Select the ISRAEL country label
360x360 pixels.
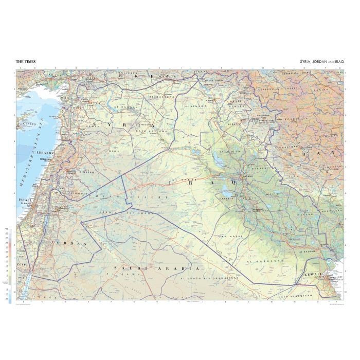(24, 200)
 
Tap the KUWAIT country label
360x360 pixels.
(314, 275)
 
